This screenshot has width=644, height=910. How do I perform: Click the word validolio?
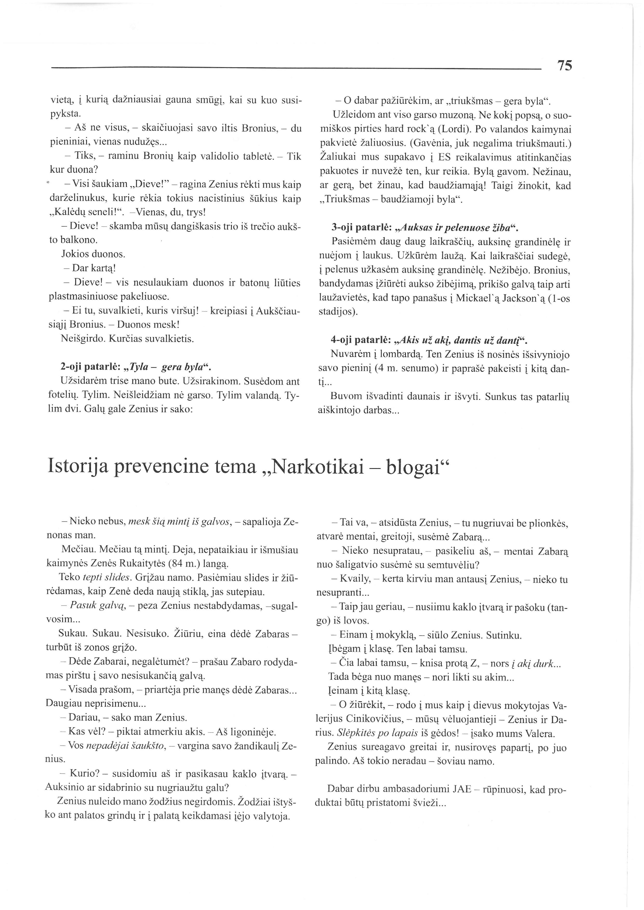pos(226,156)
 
